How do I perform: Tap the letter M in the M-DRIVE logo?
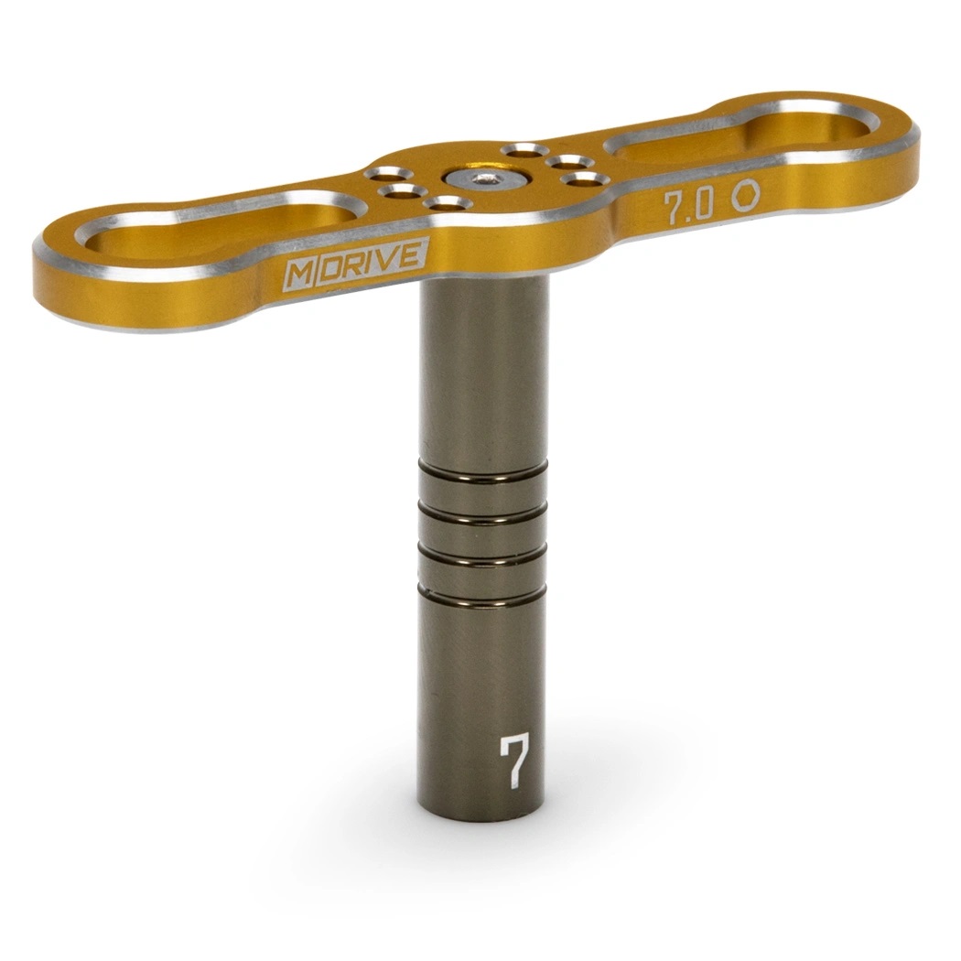point(298,274)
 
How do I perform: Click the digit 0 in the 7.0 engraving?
point(703,205)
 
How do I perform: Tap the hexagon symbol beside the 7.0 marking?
point(744,195)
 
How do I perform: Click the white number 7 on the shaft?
point(514,760)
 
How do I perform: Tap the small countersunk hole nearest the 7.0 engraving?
point(584,178)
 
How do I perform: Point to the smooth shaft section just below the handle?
point(483,366)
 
